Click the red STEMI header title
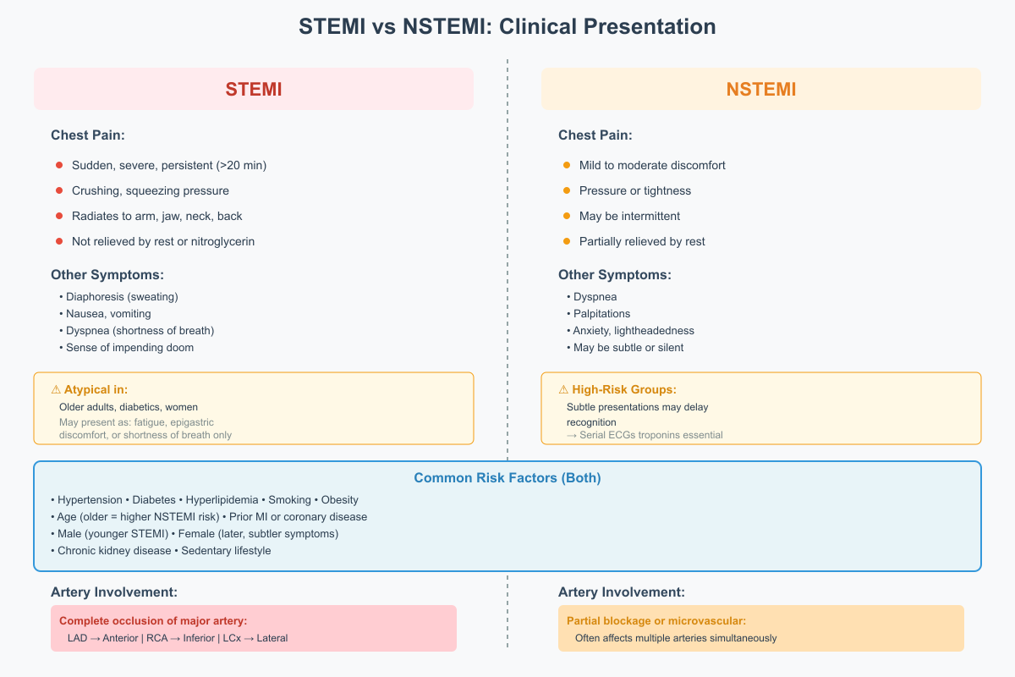click(253, 89)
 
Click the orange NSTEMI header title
click(760, 89)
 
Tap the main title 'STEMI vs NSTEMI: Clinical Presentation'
click(507, 27)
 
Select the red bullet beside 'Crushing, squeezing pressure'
click(59, 190)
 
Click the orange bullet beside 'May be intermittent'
click(567, 216)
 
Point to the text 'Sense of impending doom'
click(129, 347)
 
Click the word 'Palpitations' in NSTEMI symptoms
click(601, 313)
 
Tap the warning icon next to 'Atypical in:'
click(56, 389)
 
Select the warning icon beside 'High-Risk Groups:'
click(563, 389)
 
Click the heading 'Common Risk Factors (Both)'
click(507, 478)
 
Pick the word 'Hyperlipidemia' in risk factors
click(221, 499)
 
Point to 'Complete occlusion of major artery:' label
click(152, 620)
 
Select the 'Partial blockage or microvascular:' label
click(656, 620)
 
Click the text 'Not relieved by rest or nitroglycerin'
click(163, 241)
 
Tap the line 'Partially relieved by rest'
click(642, 241)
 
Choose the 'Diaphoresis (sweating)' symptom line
click(122, 296)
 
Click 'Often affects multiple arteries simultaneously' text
click(676, 637)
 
